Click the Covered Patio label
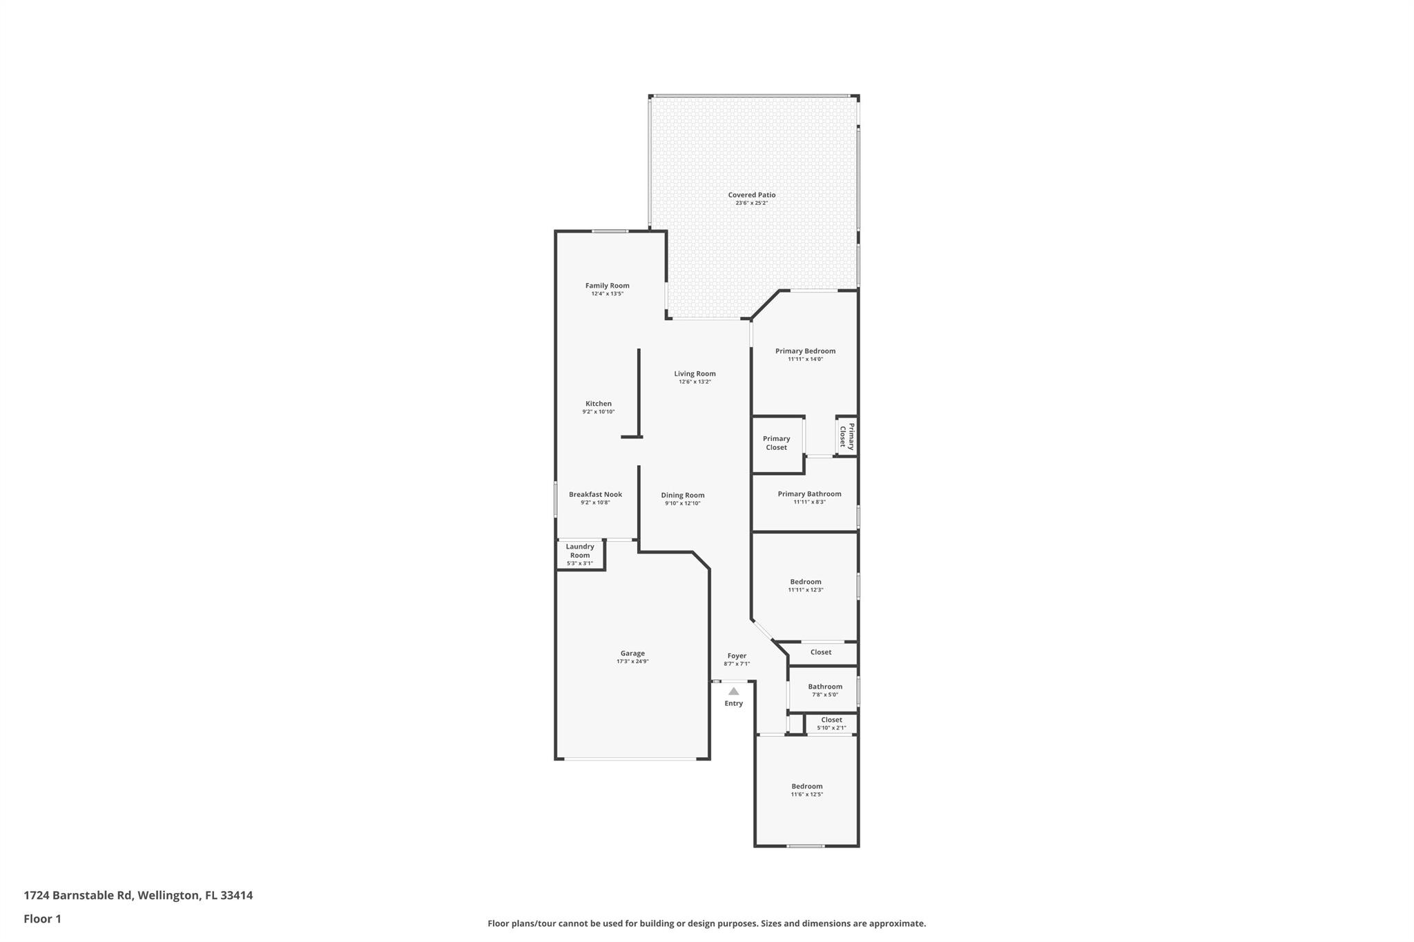pyautogui.click(x=751, y=195)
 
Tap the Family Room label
pyautogui.click(x=608, y=286)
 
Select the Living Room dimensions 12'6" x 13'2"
pyautogui.click(x=695, y=382)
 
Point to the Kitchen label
pyautogui.click(x=599, y=404)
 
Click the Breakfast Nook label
pyautogui.click(x=595, y=494)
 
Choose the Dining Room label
pyautogui.click(x=683, y=495)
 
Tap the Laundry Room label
pyautogui.click(x=580, y=551)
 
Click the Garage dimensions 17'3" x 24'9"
pyautogui.click(x=632, y=661)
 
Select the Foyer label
pyautogui.click(x=737, y=656)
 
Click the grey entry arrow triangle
pyautogui.click(x=734, y=691)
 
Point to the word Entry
pyautogui.click(x=734, y=703)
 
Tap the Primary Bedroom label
pyautogui.click(x=805, y=351)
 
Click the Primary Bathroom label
pyautogui.click(x=809, y=493)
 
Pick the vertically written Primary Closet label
pyautogui.click(x=847, y=436)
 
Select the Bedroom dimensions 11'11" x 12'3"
pyautogui.click(x=806, y=590)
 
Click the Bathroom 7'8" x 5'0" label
pyautogui.click(x=825, y=690)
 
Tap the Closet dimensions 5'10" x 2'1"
pyautogui.click(x=831, y=728)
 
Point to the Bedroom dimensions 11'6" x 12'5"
pyautogui.click(x=807, y=794)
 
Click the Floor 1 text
pyautogui.click(x=43, y=919)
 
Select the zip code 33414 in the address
pyautogui.click(x=237, y=895)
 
